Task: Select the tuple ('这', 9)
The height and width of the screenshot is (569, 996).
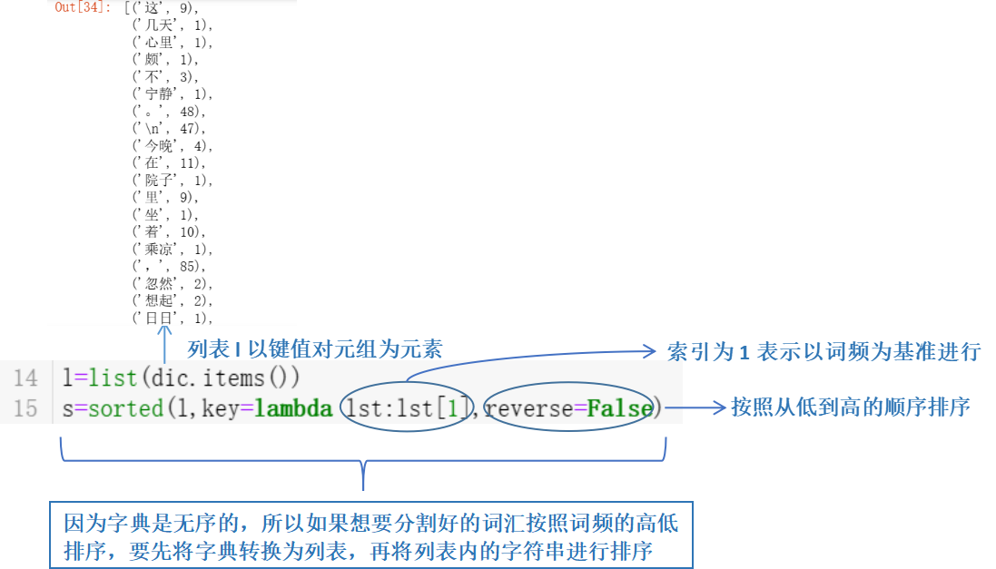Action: [x=165, y=8]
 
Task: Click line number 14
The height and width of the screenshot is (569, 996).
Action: [x=25, y=378]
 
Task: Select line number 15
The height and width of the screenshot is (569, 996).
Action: [x=25, y=408]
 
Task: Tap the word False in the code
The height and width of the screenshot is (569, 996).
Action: [x=620, y=408]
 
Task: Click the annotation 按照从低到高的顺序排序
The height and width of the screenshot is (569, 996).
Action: [x=851, y=407]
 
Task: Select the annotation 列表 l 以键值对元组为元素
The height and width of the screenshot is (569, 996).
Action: [x=315, y=349]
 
